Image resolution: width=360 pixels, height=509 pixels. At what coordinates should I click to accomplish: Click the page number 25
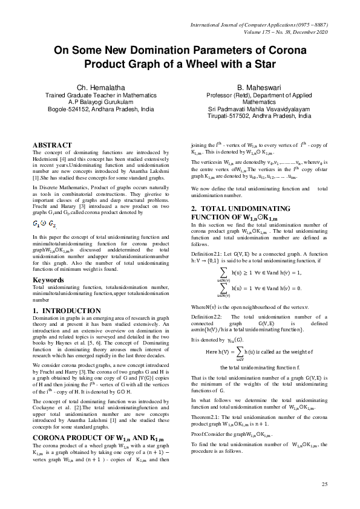pos(324,484)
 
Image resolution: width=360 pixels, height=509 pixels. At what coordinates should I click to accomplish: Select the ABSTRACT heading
pos(52,145)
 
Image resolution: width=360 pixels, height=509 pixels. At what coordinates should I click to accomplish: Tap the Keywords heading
pos(48,280)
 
